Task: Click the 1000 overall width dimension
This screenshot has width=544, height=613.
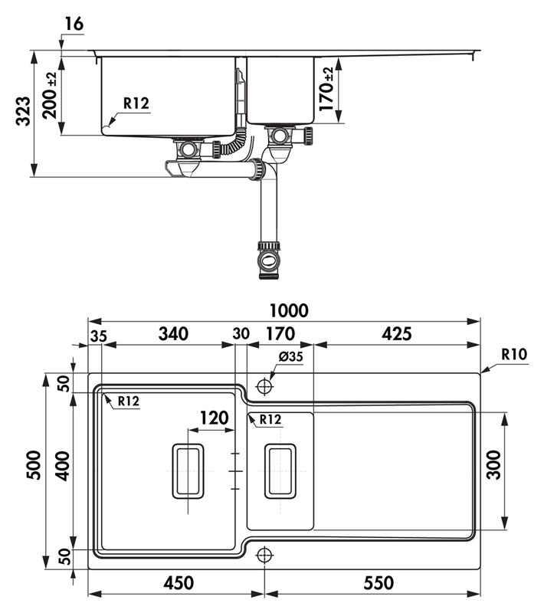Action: coord(288,310)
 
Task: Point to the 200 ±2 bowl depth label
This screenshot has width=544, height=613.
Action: coord(51,95)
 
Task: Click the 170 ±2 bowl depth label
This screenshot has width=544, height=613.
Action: coord(326,90)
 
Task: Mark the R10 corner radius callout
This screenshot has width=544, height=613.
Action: coord(513,354)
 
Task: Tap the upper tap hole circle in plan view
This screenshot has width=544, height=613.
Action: coord(264,384)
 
